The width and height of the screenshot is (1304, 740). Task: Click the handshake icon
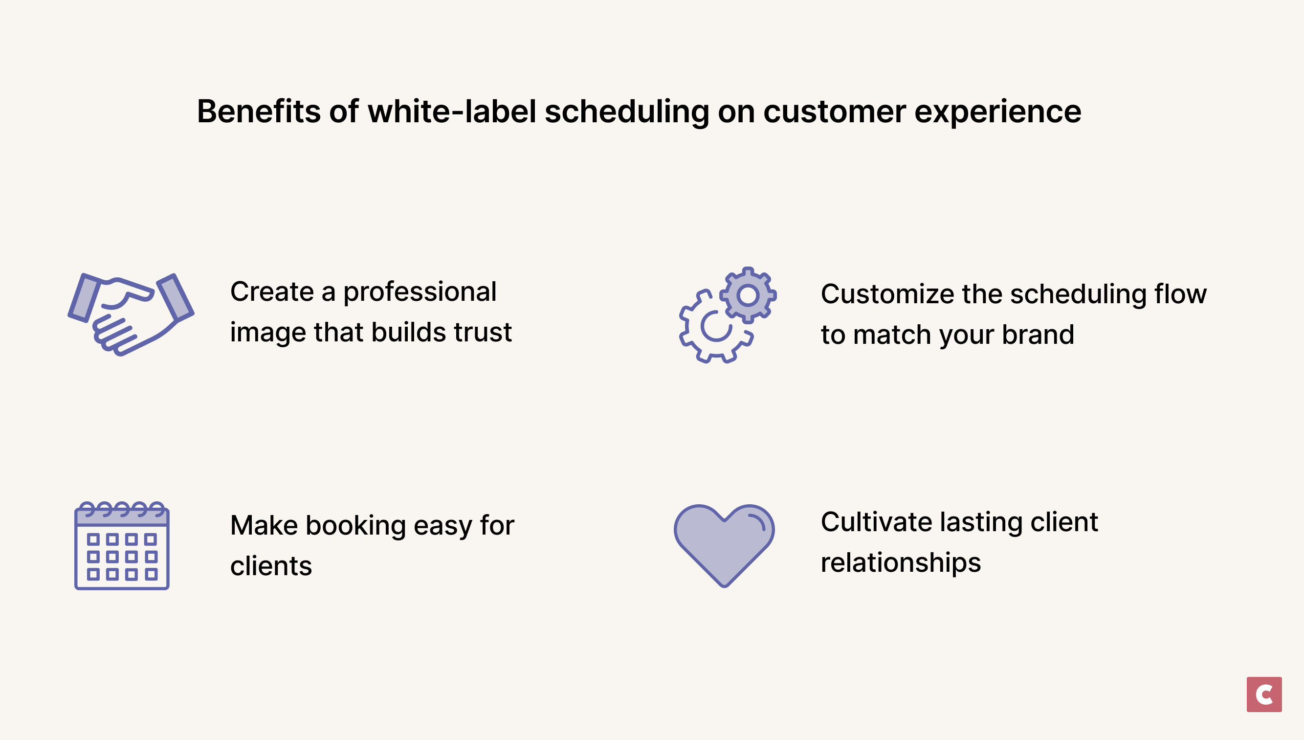point(131,314)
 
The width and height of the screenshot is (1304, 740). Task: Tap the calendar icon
point(122,546)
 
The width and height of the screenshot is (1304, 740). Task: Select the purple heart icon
point(724,544)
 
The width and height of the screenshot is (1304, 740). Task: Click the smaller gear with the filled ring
point(748,295)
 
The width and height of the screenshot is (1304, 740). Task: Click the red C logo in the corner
point(1264,694)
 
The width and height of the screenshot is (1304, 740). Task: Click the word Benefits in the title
point(259,112)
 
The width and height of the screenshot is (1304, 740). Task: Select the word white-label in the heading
point(452,112)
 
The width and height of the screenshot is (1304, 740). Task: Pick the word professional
point(420,292)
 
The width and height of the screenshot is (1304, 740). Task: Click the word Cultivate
point(876,522)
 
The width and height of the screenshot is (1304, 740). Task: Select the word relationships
point(901,563)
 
